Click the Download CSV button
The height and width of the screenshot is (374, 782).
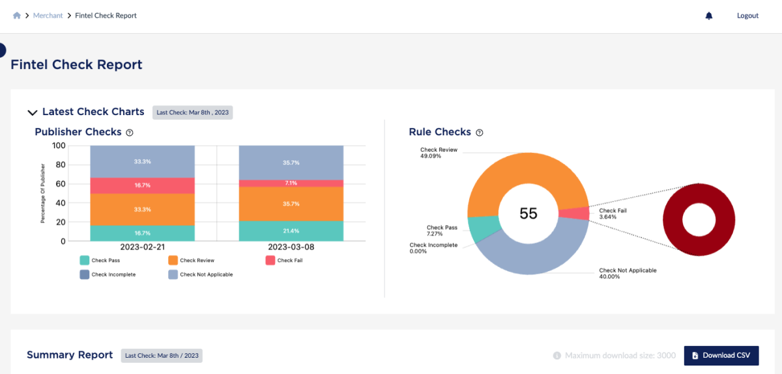coord(721,356)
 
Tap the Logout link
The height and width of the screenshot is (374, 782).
coord(747,16)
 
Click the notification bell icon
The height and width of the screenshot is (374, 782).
coord(709,16)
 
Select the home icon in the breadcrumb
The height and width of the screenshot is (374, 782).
coord(17,16)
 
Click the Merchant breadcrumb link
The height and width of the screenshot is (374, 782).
coord(48,16)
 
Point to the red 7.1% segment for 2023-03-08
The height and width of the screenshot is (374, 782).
coord(291,183)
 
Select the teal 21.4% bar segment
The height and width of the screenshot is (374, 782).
coord(291,231)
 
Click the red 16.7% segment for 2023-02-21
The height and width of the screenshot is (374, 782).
coord(142,185)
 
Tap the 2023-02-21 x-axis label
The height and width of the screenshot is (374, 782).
coord(142,248)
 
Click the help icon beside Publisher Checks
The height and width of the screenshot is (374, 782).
coord(130,133)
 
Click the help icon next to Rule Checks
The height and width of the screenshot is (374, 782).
coord(480,133)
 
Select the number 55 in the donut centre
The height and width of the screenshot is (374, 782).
coord(529,214)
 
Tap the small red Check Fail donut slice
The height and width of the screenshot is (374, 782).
coord(574,214)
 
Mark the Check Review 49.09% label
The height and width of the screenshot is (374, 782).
coord(439,153)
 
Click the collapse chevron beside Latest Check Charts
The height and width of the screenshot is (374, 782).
coord(31,113)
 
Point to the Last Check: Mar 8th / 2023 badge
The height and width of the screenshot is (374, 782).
coord(162,356)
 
